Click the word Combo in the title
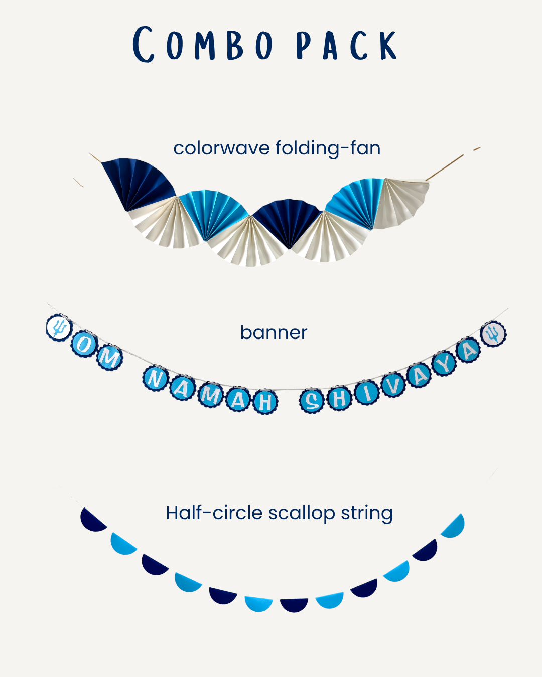point(203,44)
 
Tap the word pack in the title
point(346,45)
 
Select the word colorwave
point(221,148)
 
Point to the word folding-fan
point(328,148)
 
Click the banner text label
point(274,332)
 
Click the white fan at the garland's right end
point(401,201)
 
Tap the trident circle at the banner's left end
point(59,327)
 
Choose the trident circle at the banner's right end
point(493,334)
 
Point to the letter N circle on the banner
point(155,378)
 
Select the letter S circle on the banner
point(312,401)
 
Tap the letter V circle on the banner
point(393,385)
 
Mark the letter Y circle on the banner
point(444,364)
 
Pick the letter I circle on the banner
point(366,392)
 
